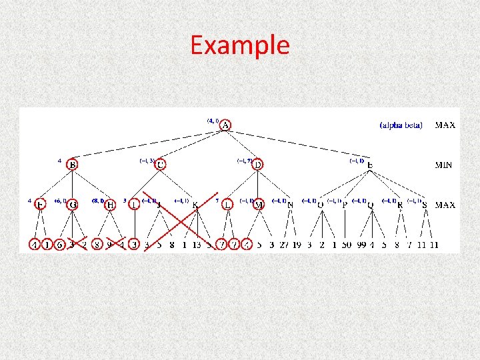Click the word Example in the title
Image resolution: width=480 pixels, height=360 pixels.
click(240, 45)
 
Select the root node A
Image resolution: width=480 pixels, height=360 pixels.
click(226, 125)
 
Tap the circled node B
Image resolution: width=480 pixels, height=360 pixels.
click(73, 165)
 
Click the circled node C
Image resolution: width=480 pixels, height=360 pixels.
click(161, 165)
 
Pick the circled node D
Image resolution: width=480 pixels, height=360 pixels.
click(258, 165)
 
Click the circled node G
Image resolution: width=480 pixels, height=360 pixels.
click(73, 205)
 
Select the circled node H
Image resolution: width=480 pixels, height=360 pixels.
click(111, 205)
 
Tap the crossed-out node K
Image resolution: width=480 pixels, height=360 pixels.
click(195, 205)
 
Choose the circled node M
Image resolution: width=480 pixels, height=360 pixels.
click(259, 205)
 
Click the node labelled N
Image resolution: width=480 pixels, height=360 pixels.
click(290, 205)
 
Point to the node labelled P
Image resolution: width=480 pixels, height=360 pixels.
click(345, 205)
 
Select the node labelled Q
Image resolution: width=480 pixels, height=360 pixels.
click(371, 205)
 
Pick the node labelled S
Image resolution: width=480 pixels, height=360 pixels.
click(425, 205)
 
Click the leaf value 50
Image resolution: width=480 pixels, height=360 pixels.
click(347, 245)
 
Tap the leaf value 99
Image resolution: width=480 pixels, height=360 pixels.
click(363, 245)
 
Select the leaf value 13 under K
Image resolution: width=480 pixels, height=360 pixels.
click(197, 245)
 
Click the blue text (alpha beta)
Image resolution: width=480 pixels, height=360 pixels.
click(401, 125)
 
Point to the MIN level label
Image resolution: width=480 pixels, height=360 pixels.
click(445, 165)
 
